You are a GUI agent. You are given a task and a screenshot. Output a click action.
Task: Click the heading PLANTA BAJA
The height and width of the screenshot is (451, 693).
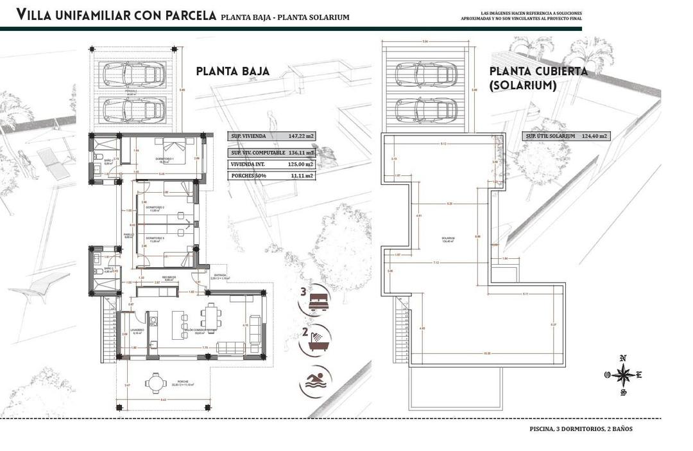[x=232, y=71]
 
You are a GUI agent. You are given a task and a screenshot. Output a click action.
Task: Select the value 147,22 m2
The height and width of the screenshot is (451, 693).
[x=302, y=136]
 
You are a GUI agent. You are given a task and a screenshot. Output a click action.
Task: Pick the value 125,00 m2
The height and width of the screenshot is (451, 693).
[x=301, y=164]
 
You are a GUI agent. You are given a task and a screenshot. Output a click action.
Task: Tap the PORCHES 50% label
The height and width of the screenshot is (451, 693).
[x=248, y=175]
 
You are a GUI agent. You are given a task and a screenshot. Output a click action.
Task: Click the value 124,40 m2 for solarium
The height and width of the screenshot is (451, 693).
[x=594, y=136]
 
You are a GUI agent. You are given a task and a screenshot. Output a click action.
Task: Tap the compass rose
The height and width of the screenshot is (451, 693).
[x=622, y=374]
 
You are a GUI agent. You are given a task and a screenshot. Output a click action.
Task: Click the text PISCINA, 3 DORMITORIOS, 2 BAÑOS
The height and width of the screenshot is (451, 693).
[x=581, y=429]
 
